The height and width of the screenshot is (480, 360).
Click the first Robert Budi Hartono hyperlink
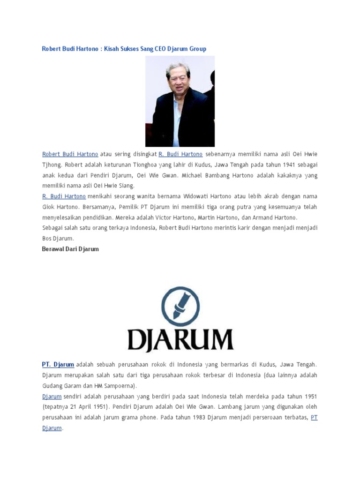[70, 154]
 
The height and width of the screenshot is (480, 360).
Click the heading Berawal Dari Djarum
[70, 249]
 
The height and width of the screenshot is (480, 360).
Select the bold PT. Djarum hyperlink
[58, 364]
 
